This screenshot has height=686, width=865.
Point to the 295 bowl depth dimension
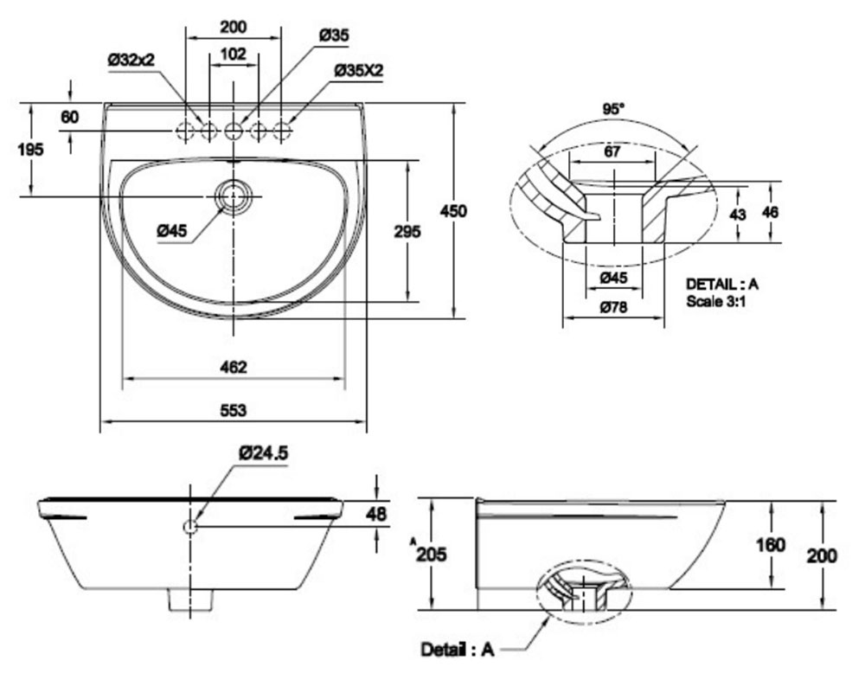[x=407, y=231]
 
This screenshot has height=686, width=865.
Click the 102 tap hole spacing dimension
[x=234, y=54]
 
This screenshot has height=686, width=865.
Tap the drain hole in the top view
[x=234, y=196]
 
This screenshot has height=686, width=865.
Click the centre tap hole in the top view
[x=234, y=131]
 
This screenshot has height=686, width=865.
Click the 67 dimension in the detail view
[x=612, y=151]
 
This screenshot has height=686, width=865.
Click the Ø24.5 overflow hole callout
[x=263, y=452]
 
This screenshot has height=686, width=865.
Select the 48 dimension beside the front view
[x=375, y=514]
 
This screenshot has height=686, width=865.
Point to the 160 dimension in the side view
[x=770, y=545]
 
